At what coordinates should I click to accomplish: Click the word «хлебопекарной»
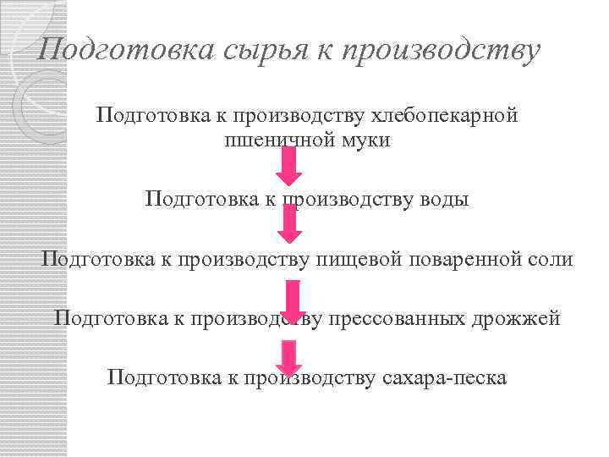tap(447, 115)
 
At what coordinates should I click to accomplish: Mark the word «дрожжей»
tap(524, 319)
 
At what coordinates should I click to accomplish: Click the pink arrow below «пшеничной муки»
tap(289, 167)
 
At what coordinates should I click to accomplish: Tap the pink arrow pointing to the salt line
tap(289, 225)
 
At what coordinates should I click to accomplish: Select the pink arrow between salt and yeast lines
tap(293, 301)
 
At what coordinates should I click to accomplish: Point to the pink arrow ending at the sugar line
tap(289, 357)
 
